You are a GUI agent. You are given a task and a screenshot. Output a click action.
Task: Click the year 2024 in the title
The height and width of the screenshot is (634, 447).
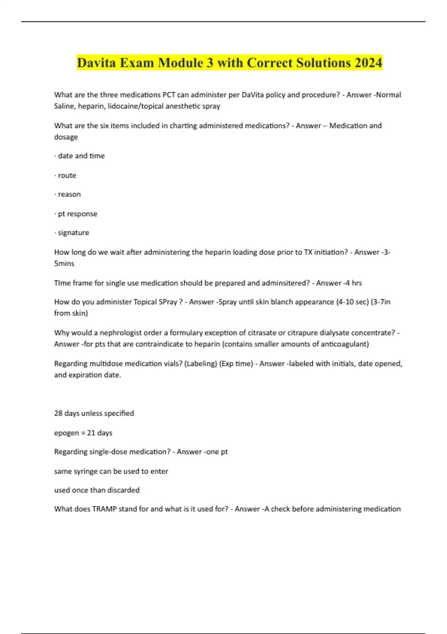click(368, 63)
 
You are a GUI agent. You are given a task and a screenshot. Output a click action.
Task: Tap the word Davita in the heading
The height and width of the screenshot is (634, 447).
click(96, 63)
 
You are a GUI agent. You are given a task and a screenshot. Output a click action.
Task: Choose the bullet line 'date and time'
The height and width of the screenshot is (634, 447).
click(81, 156)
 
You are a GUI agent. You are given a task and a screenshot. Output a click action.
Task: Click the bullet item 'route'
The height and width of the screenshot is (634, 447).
click(67, 175)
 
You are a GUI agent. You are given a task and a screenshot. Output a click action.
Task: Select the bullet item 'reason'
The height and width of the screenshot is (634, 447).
click(69, 194)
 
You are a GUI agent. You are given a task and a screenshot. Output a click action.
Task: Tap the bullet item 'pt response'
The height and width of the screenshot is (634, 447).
click(77, 214)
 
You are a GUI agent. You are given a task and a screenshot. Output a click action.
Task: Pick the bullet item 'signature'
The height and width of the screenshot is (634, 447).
click(73, 233)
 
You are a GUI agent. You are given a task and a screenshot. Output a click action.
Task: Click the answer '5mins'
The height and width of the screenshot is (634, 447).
click(64, 263)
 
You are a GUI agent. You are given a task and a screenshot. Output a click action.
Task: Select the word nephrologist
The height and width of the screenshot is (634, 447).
click(131, 333)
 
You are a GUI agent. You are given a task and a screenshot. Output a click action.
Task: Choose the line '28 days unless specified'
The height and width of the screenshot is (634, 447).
click(94, 413)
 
